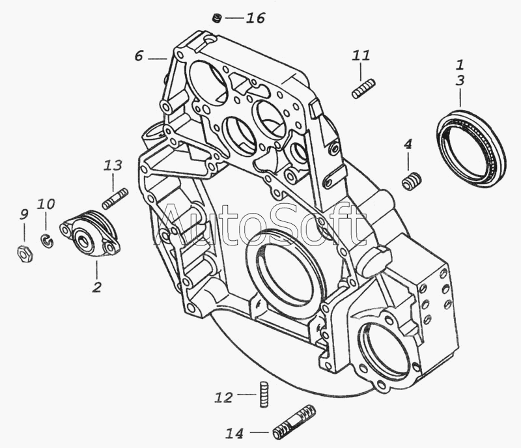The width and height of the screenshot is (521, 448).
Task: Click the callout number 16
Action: [255, 18]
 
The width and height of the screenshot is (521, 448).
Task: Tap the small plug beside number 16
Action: [217, 18]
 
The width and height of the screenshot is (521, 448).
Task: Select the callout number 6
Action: [139, 56]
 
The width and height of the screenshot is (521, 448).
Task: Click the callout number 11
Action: [361, 55]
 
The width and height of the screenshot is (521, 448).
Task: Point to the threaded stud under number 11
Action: [363, 89]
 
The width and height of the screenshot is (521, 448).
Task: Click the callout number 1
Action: [460, 64]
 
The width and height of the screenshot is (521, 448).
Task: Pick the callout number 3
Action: [460, 81]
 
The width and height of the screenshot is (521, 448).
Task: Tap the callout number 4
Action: [408, 143]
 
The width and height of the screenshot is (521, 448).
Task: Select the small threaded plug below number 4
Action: [412, 182]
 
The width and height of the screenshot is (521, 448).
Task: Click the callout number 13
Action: [113, 165]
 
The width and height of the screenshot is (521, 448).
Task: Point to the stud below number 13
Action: [115, 199]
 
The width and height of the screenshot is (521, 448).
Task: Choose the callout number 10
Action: [46, 204]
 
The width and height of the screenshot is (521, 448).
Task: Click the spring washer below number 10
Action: [47, 241]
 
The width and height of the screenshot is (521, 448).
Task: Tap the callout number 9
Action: [24, 215]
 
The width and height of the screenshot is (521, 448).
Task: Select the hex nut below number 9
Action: [25, 254]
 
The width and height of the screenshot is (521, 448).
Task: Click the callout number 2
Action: [96, 287]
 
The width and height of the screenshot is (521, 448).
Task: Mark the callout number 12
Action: [223, 397]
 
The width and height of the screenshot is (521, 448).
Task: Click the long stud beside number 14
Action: [294, 422]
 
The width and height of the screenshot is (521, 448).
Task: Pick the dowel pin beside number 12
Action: [263, 394]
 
